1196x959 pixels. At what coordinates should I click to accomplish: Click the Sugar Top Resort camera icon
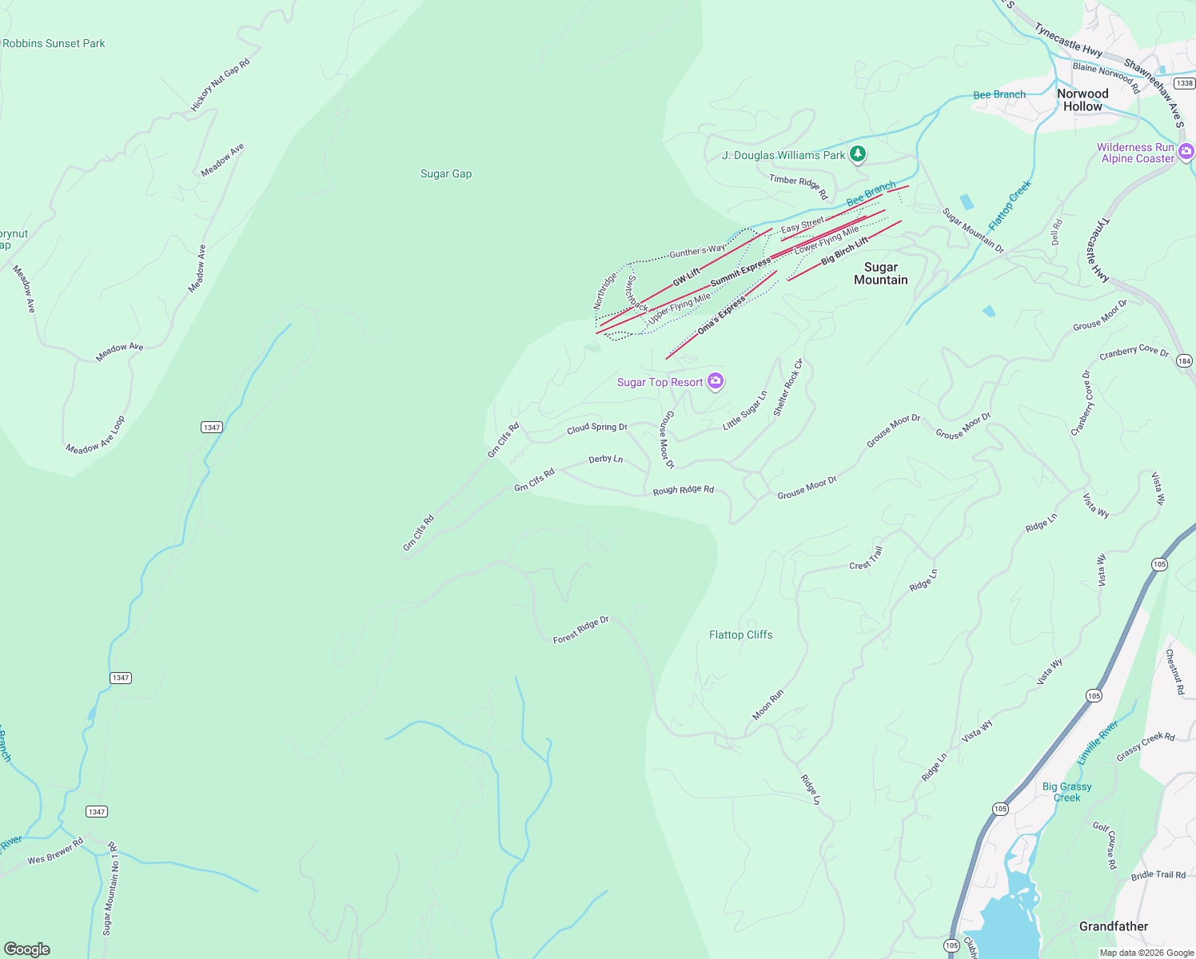[716, 381]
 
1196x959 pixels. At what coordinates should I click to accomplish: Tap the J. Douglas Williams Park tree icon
[858, 153]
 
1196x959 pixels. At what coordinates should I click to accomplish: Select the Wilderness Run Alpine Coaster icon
[1186, 151]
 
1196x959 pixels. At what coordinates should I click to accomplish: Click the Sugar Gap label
[446, 173]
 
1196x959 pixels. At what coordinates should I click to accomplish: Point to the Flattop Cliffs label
[740, 635]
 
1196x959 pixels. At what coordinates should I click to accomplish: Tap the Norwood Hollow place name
[1082, 100]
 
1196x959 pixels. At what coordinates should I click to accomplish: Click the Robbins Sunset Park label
[54, 43]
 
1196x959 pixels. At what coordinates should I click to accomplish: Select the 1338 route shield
[1185, 83]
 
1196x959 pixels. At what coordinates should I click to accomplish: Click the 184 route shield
[1184, 361]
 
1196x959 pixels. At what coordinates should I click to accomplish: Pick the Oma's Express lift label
[721, 316]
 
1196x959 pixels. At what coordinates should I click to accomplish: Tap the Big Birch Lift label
[844, 251]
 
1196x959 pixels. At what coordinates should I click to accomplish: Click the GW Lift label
[686, 277]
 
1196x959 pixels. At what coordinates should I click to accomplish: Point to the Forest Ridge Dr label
[581, 630]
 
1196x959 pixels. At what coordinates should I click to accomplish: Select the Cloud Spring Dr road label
[597, 428]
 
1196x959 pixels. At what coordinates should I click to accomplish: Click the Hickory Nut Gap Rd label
[220, 85]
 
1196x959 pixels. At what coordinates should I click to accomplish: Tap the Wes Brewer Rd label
[55, 852]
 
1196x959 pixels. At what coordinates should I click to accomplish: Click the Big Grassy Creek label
[1066, 792]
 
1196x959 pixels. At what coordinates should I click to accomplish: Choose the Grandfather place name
[1113, 926]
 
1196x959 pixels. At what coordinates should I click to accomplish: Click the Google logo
[26, 949]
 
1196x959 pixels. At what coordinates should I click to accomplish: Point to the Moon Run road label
[767, 705]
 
